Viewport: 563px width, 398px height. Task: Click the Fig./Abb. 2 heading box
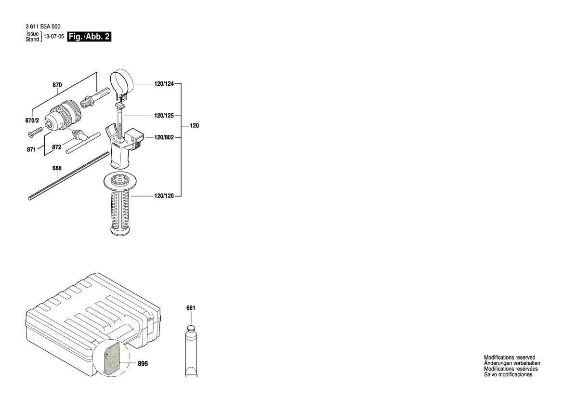(x=90, y=37)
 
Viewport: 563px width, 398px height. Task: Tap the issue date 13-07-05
(x=54, y=37)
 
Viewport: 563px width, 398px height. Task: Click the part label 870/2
(x=32, y=120)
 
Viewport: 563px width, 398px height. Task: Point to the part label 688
(x=57, y=169)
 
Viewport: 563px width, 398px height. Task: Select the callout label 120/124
(x=164, y=84)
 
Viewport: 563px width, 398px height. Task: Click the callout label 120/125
(x=164, y=116)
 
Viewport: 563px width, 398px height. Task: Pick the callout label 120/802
(x=164, y=137)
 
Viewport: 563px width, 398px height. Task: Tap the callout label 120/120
(x=164, y=196)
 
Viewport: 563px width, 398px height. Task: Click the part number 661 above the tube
(x=191, y=308)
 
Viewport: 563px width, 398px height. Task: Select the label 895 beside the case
(x=143, y=364)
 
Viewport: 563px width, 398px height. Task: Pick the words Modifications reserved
(x=509, y=358)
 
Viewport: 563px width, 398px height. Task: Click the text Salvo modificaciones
(x=508, y=375)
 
